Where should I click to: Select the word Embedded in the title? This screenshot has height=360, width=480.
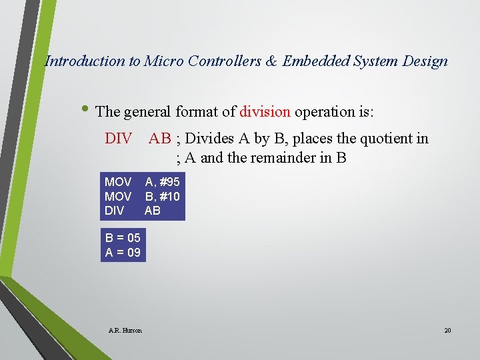coord(311,61)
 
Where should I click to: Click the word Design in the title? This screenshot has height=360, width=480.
coord(425,61)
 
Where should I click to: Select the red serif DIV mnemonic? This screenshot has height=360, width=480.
coord(119,139)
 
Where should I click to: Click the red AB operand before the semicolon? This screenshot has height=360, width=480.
coord(160,139)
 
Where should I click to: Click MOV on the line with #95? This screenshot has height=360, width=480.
coord(118,182)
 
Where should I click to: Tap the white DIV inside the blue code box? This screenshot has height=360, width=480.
coord(115,211)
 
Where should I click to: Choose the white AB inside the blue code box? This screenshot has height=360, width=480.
coord(153,211)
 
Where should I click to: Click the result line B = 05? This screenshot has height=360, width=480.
coord(123,238)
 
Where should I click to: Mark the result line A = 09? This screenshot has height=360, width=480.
coord(123,253)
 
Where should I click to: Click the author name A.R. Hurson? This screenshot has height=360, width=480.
coord(125,330)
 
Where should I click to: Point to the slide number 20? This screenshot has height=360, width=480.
coord(447,330)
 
